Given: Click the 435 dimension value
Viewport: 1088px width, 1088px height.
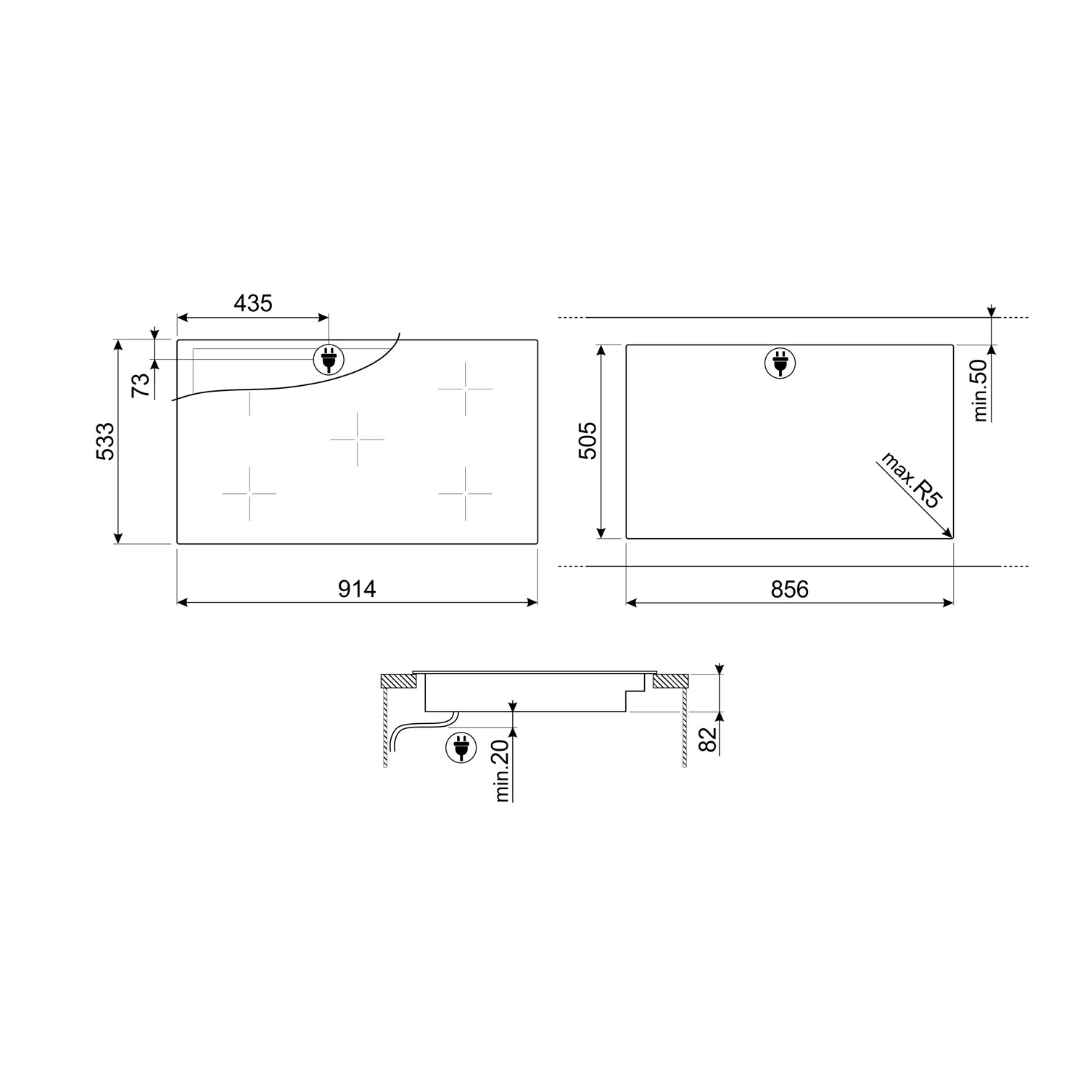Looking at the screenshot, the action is pyautogui.click(x=253, y=303).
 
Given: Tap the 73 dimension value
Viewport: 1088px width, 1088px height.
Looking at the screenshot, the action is pyautogui.click(x=141, y=384).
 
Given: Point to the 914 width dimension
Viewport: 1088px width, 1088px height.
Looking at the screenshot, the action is pyautogui.click(x=357, y=589).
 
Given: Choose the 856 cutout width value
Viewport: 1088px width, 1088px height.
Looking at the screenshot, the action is pyautogui.click(x=789, y=589).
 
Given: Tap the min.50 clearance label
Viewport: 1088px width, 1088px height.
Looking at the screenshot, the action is pyautogui.click(x=981, y=390).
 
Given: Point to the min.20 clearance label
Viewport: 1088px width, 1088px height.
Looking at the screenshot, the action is pyautogui.click(x=503, y=770).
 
